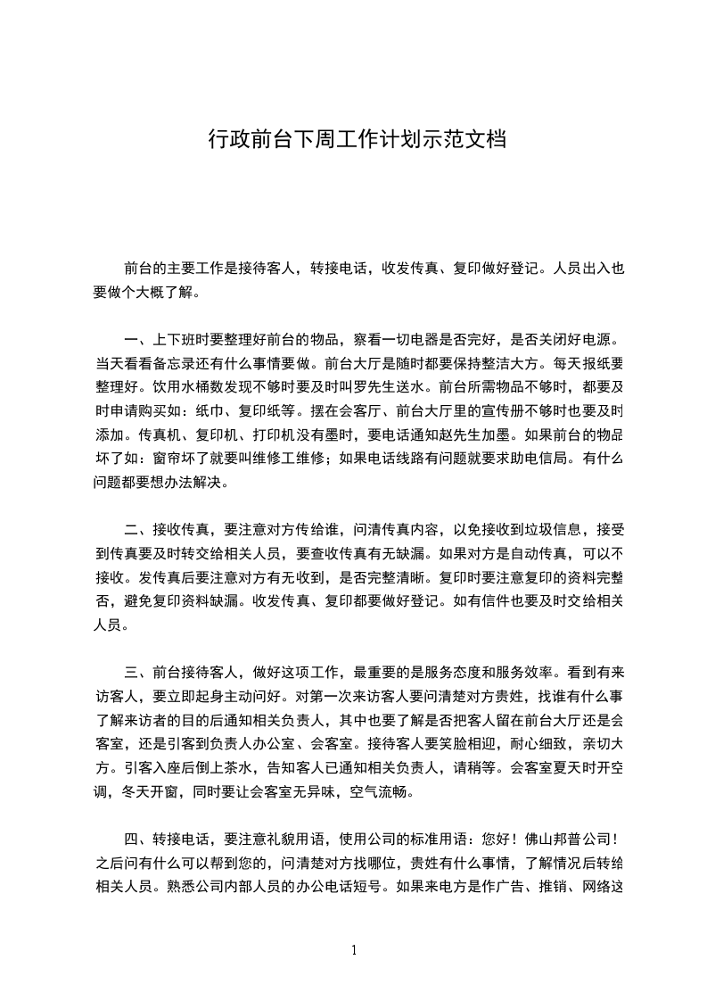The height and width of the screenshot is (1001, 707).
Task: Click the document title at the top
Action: tap(358, 139)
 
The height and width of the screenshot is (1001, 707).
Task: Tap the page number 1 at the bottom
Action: tap(354, 949)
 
